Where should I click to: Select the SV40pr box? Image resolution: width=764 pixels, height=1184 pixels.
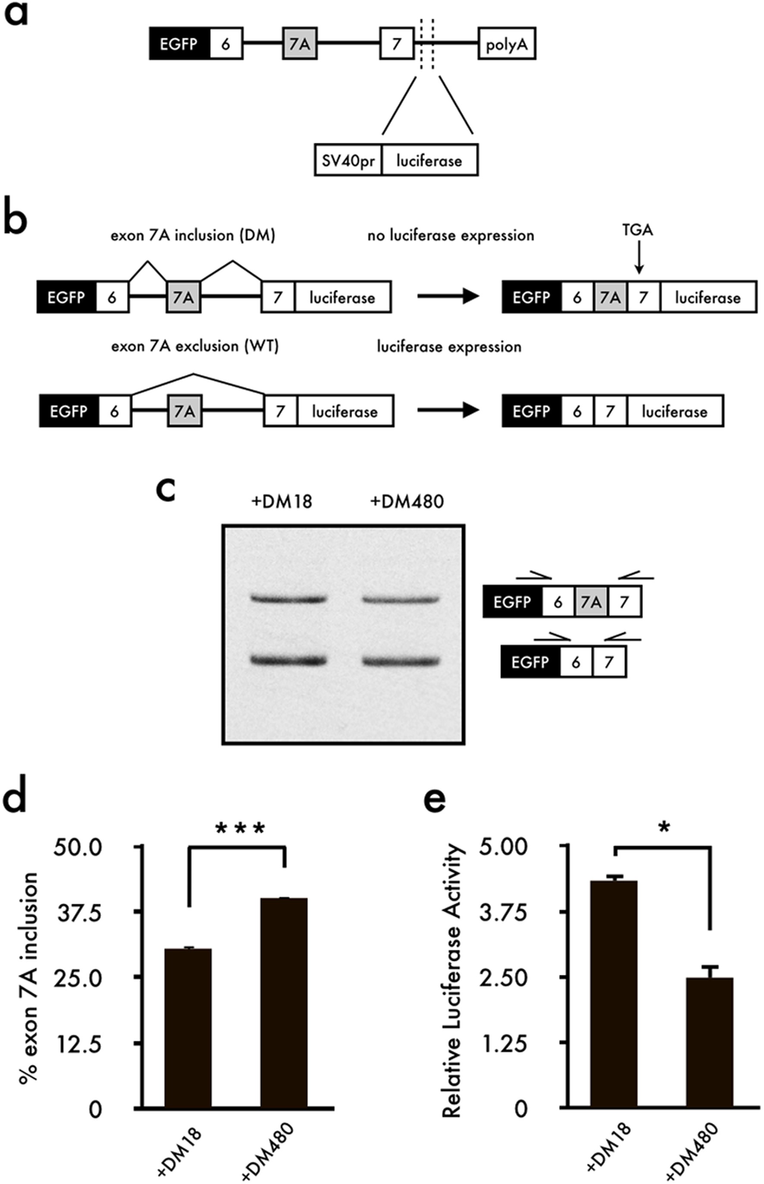click(348, 160)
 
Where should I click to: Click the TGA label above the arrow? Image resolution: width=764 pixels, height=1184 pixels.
click(638, 230)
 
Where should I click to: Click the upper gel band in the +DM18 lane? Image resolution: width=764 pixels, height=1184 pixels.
click(289, 599)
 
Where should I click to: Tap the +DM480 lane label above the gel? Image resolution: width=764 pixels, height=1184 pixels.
click(407, 502)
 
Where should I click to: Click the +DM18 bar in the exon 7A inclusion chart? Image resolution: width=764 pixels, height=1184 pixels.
click(188, 1027)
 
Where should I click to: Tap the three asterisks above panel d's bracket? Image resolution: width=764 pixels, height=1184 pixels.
click(241, 829)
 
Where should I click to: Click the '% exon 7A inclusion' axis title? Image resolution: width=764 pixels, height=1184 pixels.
click(29, 977)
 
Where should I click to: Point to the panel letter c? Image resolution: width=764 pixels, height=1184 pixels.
click(166, 488)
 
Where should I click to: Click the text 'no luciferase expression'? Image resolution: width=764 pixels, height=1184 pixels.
click(451, 235)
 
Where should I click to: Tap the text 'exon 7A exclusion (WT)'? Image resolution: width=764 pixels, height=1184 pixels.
click(195, 346)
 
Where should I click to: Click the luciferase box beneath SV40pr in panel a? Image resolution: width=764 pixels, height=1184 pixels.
click(429, 160)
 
